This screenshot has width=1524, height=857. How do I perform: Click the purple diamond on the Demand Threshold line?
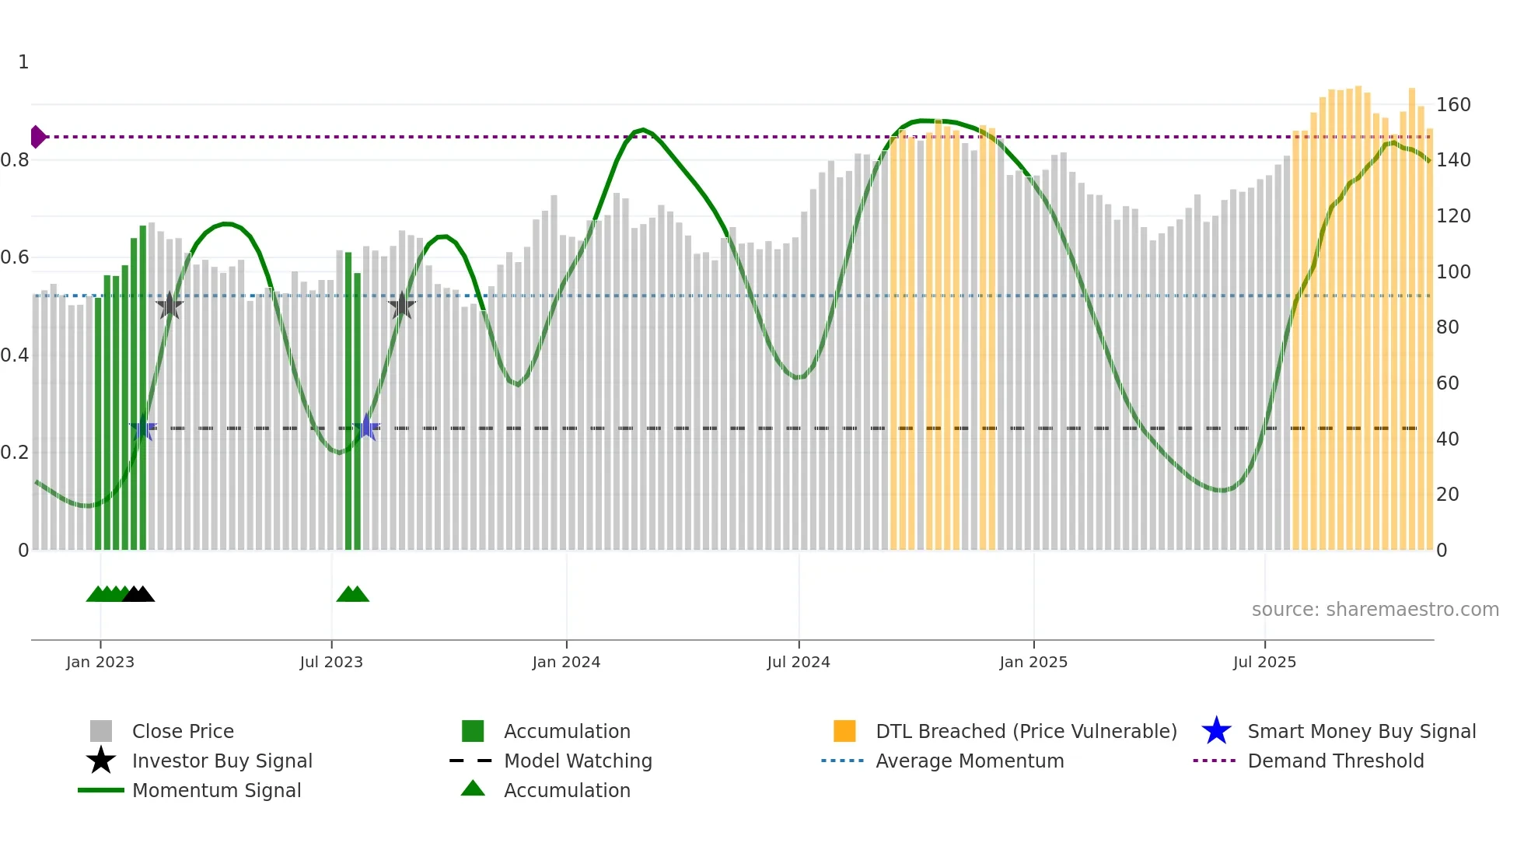[x=37, y=137]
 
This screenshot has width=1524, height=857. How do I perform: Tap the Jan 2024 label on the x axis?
[x=566, y=662]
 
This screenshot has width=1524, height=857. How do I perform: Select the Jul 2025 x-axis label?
[x=1264, y=662]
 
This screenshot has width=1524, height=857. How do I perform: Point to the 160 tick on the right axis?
[x=1452, y=105]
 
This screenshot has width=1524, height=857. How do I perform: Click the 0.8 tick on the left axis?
[x=15, y=160]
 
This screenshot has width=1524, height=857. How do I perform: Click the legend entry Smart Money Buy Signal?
[x=1361, y=731]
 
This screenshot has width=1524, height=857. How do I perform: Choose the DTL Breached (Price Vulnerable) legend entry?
[x=1026, y=731]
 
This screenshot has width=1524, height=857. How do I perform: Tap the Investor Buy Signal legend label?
[x=222, y=761]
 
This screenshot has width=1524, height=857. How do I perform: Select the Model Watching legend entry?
[x=577, y=761]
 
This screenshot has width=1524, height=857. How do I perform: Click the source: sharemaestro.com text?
[x=1375, y=609]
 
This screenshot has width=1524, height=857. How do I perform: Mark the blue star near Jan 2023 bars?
[x=143, y=428]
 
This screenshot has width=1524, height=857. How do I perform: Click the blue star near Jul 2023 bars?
[x=366, y=427]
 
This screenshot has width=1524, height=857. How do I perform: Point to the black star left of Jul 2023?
[x=170, y=306]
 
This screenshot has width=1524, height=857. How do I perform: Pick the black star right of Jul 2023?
[x=402, y=306]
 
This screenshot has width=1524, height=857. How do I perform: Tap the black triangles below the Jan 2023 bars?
[x=138, y=594]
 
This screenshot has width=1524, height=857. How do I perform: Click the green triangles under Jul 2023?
[x=352, y=594]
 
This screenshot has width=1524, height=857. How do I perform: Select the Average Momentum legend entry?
[x=969, y=761]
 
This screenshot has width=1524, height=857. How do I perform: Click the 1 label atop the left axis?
[x=23, y=62]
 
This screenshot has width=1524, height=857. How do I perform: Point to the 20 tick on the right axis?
[x=1447, y=495]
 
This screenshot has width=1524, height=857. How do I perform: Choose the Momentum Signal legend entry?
[x=215, y=790]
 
